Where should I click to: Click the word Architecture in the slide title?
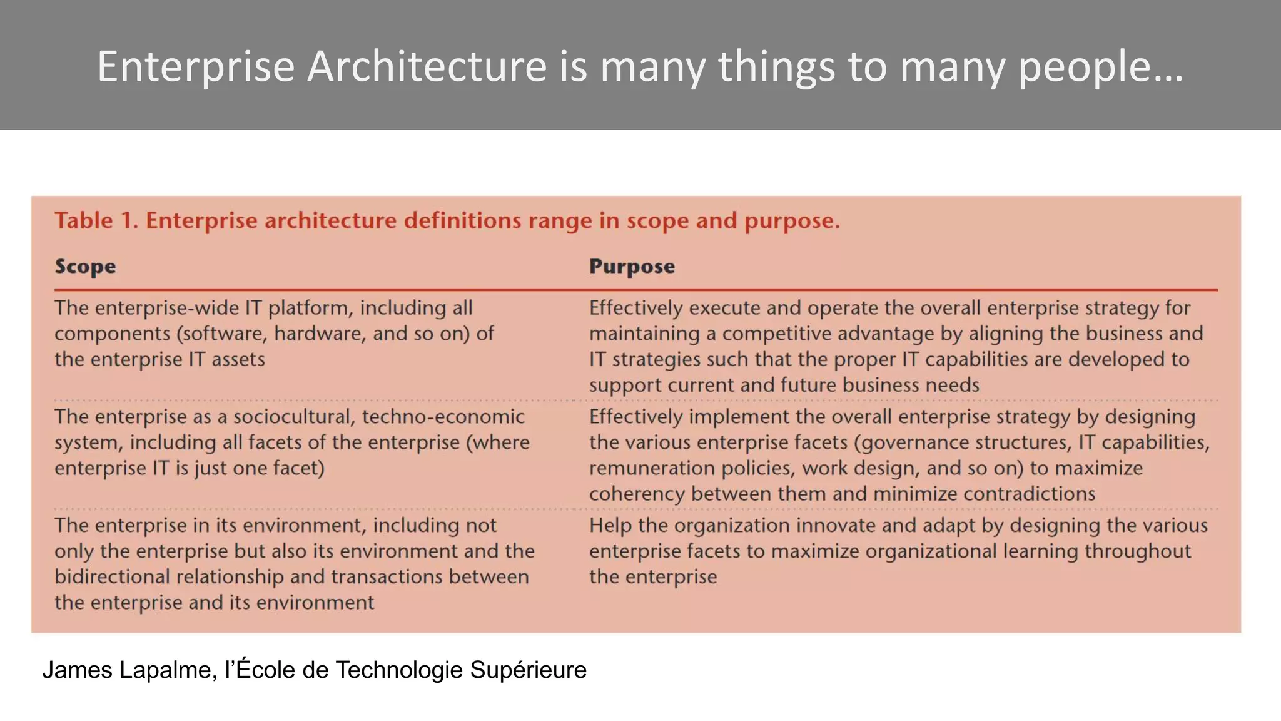click(427, 66)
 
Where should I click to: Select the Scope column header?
click(85, 267)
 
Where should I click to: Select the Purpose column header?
click(632, 267)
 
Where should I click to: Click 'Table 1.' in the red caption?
click(96, 221)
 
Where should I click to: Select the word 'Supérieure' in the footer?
click(528, 670)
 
